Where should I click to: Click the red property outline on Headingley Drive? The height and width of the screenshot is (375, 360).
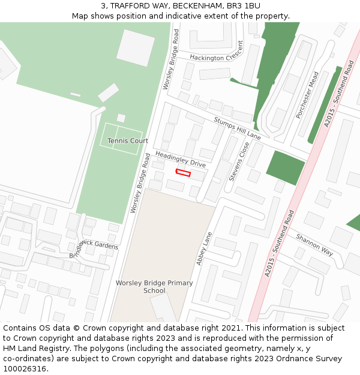coord(183,173)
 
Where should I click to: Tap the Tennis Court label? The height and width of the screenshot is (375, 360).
coord(127,141)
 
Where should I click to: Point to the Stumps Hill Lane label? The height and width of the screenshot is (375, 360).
coord(238,128)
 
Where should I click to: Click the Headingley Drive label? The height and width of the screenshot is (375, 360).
coord(181,158)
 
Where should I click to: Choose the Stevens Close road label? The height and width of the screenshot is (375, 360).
coord(239,161)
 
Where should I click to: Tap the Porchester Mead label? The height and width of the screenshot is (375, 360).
coord(307,95)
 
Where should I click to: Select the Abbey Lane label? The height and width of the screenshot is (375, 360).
coord(204,249)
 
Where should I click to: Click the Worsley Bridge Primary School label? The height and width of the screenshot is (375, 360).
coord(154,287)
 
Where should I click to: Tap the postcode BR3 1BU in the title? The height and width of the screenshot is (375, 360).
coord(245,6)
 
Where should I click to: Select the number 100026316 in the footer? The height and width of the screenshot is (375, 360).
coord(25,368)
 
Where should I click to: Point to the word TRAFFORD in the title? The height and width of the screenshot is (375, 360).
coord(131,6)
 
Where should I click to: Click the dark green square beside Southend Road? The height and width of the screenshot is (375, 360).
coord(286,168)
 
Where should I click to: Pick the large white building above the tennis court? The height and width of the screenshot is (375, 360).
coord(135,48)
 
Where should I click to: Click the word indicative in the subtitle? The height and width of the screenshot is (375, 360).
coord(191,16)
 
